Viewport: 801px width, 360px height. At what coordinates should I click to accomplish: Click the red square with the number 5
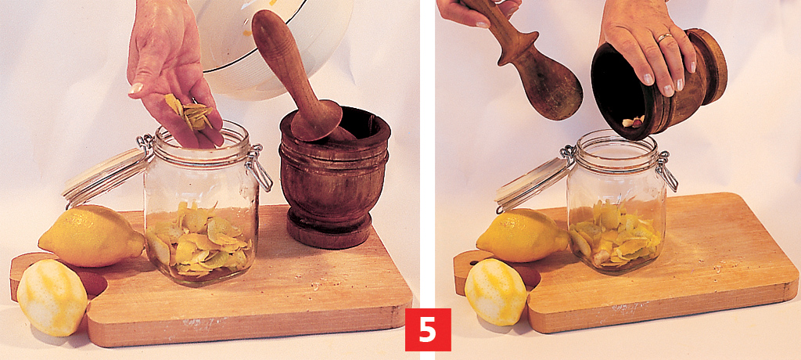pos(428,329)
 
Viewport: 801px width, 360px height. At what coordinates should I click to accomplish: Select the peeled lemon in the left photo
pos(52,297)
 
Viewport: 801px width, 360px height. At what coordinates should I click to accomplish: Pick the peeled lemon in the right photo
pos(495,292)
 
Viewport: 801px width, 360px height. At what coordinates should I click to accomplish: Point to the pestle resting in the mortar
pos(296,77)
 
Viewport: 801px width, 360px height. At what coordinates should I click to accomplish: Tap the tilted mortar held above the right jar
pos(659,85)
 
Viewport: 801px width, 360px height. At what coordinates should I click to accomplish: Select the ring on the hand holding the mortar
pos(665,37)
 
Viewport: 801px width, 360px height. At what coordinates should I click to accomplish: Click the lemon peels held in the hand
pos(190,111)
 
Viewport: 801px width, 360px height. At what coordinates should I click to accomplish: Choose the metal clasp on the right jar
pos(666,171)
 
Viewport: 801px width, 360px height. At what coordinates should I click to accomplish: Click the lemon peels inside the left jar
pos(199,240)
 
